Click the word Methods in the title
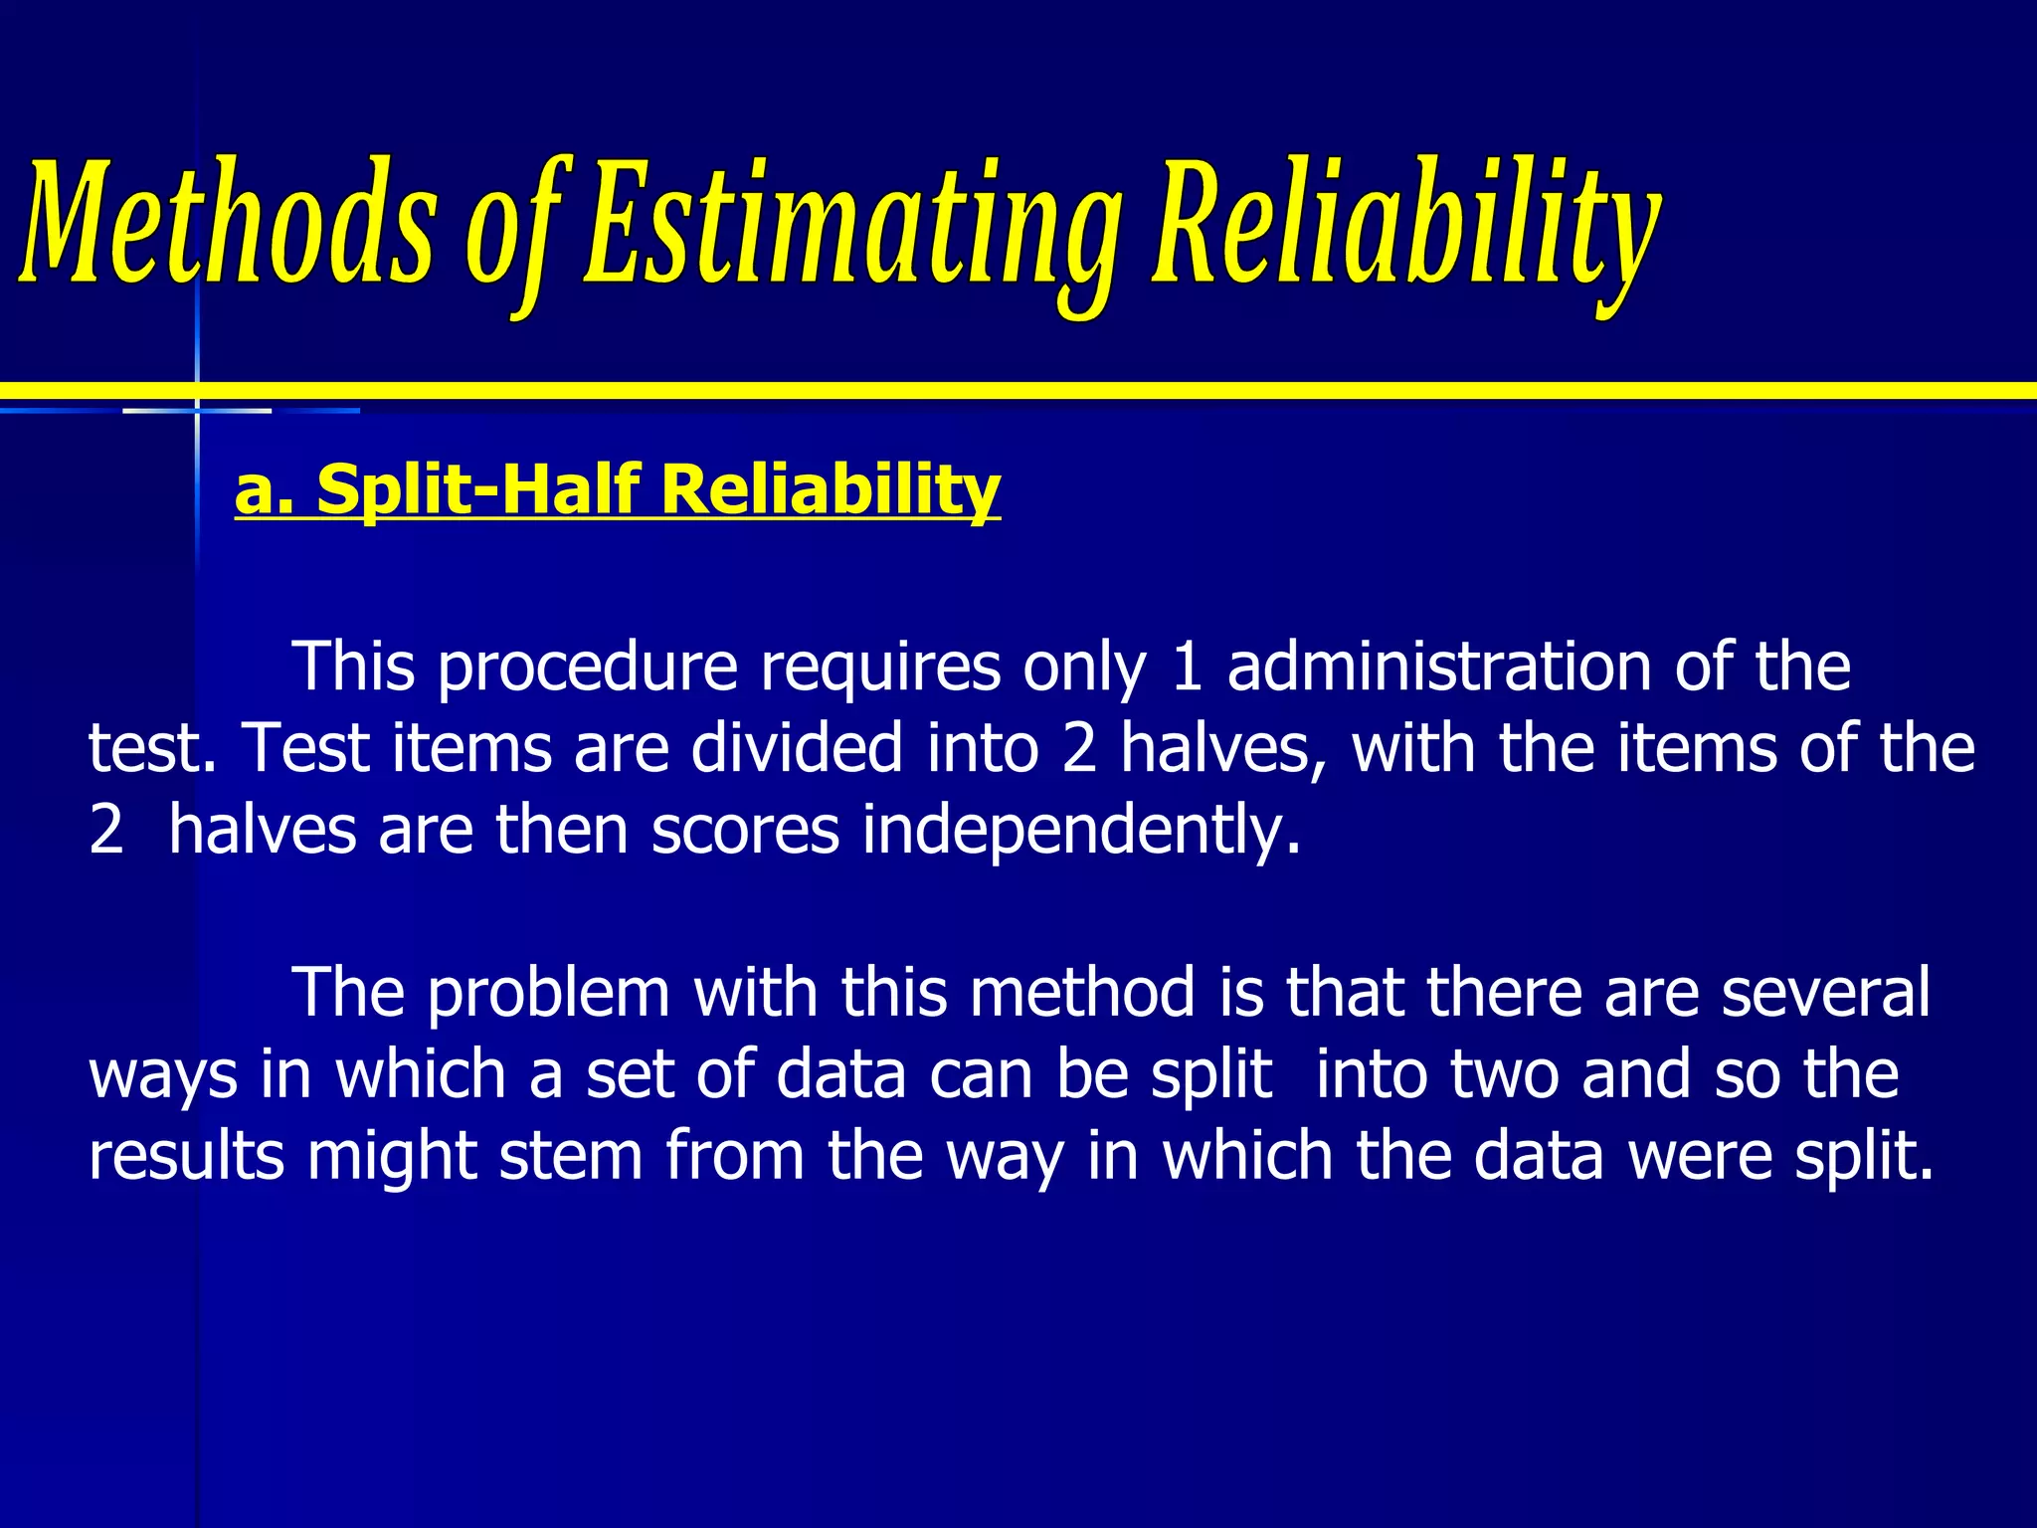tap(227, 221)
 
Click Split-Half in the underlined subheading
tap(477, 488)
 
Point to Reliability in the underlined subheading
tap(831, 488)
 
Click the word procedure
tap(588, 668)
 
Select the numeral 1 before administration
tap(1187, 668)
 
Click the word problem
tap(549, 994)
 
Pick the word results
tap(187, 1156)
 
